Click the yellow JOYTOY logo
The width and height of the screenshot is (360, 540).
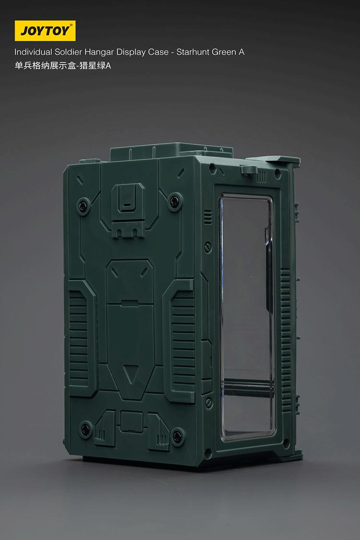45,31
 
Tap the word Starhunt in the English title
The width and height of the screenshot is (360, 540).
192,52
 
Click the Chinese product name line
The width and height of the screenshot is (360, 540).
62,66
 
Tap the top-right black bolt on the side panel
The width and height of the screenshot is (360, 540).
175,201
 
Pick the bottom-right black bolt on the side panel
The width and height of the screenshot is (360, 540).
177,436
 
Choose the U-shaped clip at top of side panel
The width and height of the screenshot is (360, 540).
128,197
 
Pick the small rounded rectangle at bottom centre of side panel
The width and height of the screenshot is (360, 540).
131,423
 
